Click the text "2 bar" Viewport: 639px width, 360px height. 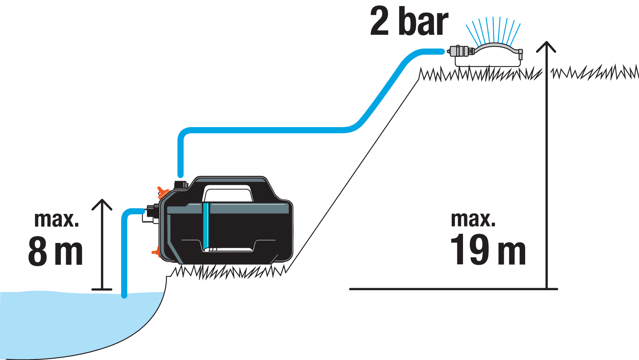409,22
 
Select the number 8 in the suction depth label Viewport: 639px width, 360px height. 38,251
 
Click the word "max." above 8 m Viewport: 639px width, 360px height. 57,220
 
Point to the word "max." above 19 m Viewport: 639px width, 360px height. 473,220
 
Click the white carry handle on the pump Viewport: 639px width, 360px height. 228,193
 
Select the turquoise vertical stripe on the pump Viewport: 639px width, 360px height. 206,226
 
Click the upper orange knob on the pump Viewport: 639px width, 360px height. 163,192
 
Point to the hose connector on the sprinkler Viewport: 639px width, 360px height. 460,51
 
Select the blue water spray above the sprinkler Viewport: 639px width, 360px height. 493,30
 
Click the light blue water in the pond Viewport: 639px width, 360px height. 61,323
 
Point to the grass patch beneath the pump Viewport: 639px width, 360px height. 230,272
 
